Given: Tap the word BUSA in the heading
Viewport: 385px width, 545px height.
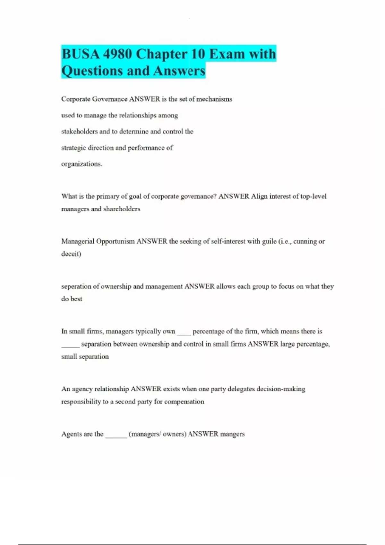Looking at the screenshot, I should click(x=80, y=54).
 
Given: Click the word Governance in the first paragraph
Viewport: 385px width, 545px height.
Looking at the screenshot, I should click(x=110, y=99).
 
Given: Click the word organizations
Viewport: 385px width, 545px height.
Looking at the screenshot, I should click(x=81, y=164).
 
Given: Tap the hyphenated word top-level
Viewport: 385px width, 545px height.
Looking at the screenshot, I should click(x=313, y=196).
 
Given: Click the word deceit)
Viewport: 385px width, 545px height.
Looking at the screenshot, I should click(x=71, y=254).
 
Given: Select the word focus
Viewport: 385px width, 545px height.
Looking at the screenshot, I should click(x=286, y=286).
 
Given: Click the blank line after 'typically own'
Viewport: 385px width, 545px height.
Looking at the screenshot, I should click(x=184, y=333).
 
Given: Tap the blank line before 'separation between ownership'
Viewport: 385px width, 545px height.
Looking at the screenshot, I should click(x=70, y=346).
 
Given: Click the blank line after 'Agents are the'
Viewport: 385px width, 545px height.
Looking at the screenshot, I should click(x=116, y=436).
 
